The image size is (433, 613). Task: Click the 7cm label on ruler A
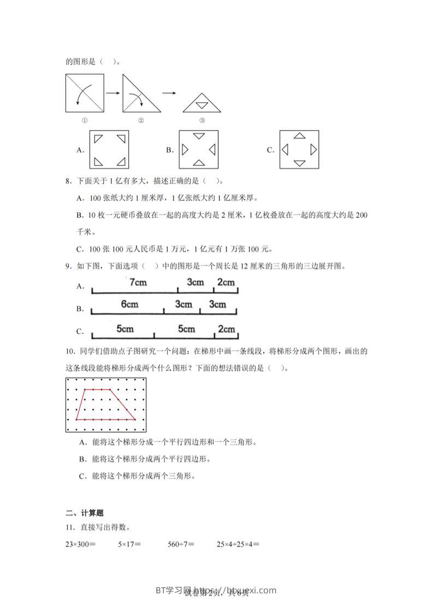point(138,283)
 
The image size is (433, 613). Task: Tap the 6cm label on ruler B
point(129,305)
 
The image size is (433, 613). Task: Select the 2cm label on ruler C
point(226,329)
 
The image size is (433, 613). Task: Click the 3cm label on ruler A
point(195,283)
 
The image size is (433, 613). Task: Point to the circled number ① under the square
point(85,121)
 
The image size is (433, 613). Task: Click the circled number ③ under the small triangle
point(201,121)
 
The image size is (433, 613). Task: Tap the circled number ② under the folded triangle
point(140,121)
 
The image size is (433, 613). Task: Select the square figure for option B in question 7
point(198,150)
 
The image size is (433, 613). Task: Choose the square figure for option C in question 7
point(299,150)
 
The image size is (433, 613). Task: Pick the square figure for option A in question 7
point(109,150)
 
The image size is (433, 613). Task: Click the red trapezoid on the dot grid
point(105,404)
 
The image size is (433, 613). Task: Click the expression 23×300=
point(80,544)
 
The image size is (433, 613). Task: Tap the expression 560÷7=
point(181,544)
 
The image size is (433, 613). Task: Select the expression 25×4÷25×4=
point(238,544)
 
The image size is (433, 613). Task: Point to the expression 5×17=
point(129,544)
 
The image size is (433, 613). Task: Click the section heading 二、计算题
point(85,513)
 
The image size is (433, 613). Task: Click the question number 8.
point(68,181)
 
